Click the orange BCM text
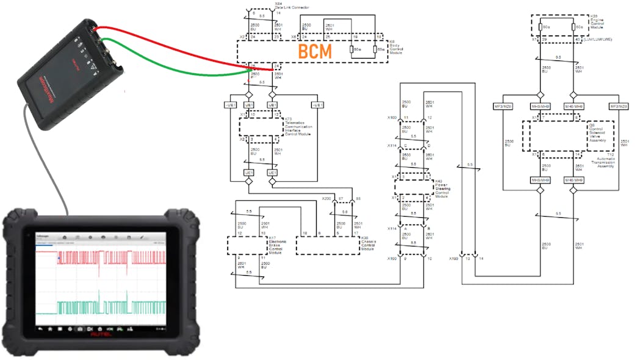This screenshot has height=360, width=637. tap(315, 52)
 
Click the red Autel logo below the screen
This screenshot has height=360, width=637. tap(101, 334)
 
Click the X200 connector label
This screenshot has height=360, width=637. tap(326, 199)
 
